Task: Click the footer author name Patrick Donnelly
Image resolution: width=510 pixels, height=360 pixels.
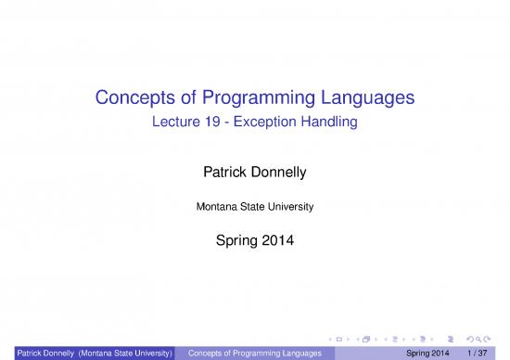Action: (38, 353)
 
